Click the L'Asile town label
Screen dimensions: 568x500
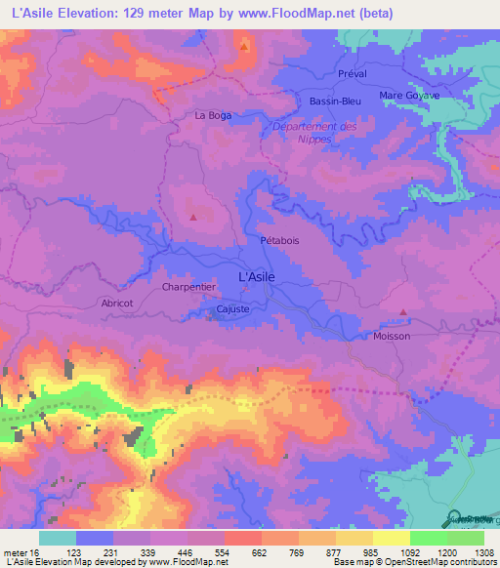[x=257, y=277]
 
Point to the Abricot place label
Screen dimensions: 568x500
[x=117, y=303]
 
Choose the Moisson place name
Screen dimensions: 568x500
[x=393, y=336]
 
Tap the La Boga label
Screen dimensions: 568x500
[x=213, y=115]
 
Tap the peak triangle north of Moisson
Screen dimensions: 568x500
[x=403, y=312]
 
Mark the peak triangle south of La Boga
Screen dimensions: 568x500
[x=193, y=217]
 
